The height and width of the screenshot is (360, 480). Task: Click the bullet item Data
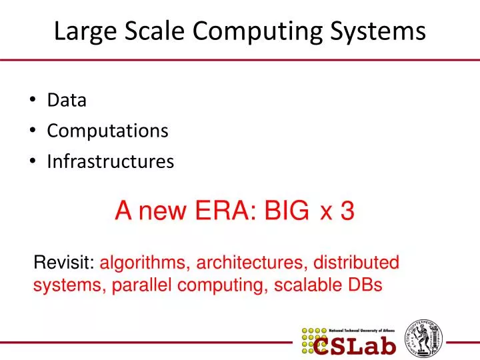tap(67, 101)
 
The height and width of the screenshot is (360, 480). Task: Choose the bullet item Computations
tap(107, 131)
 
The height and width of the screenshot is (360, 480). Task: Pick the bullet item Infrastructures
tap(110, 161)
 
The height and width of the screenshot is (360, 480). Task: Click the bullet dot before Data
tap(33, 101)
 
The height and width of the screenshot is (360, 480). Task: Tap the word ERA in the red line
tap(229, 211)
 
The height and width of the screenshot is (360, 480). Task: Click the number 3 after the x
tap(347, 211)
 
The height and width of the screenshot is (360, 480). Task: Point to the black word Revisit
tap(64, 263)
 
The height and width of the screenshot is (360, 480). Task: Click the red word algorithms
tap(144, 263)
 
